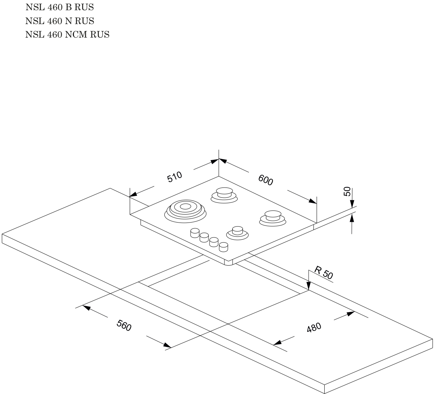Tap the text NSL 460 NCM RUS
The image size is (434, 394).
(x=67, y=35)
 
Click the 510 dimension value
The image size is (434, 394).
(x=175, y=177)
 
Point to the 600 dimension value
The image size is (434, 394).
(x=265, y=180)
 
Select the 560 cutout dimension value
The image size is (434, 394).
(x=124, y=325)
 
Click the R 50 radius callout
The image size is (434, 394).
(x=324, y=273)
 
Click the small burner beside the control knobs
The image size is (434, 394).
(x=237, y=232)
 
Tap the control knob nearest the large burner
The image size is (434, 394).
(x=195, y=232)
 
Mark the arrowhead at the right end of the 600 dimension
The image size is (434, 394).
(x=313, y=201)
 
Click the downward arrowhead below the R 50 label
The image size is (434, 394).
(x=308, y=287)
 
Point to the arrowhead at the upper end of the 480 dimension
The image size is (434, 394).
(x=351, y=313)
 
